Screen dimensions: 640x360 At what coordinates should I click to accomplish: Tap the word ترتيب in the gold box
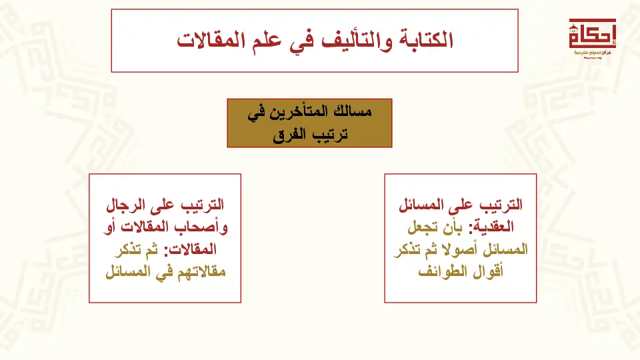tap(331, 134)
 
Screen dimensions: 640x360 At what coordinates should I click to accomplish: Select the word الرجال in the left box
tap(126, 205)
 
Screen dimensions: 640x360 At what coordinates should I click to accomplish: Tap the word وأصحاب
tap(205, 227)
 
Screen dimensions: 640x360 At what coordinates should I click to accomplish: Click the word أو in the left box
tap(110, 227)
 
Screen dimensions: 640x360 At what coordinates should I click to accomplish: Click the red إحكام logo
tap(592, 37)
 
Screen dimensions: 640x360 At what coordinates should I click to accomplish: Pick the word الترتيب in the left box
tap(203, 205)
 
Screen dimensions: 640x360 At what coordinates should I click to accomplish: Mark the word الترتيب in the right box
tap(501, 205)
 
